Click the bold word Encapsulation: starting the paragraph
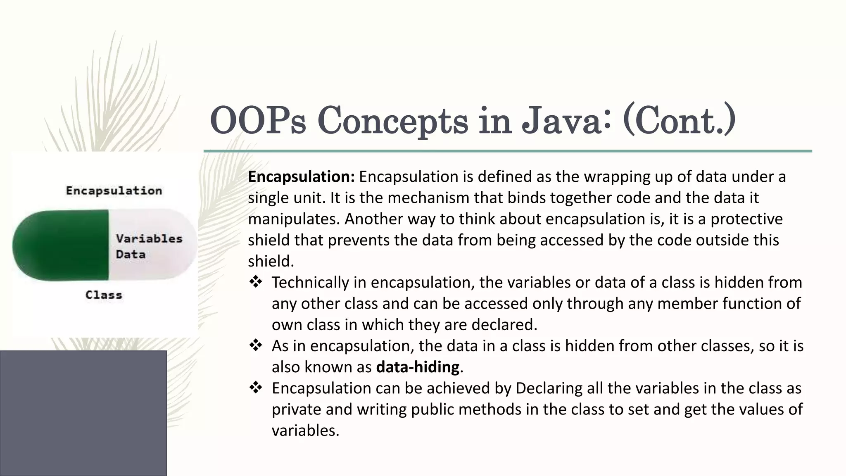(301, 177)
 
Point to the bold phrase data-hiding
(418, 367)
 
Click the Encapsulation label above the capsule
(114, 190)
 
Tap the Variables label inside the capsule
(149, 238)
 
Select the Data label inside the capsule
(131, 254)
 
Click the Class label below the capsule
(104, 295)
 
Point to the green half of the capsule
(62, 245)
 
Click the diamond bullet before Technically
(256, 282)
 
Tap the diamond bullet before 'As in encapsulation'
(256, 345)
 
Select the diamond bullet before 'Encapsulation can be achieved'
(256, 388)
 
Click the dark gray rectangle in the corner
(83, 413)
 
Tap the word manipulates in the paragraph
(294, 219)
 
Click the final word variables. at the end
(305, 431)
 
